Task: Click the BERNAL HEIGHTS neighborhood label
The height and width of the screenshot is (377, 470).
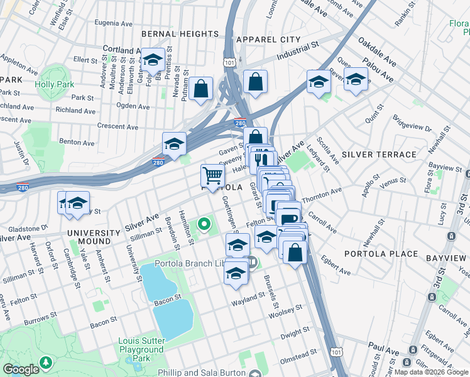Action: coord(180,34)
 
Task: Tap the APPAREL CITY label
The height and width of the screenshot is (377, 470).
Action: coord(268,40)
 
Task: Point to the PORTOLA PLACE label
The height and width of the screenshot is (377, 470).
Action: coord(381,254)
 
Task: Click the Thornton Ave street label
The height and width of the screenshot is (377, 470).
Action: coord(322,194)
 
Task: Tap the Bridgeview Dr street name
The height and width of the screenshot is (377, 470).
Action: coord(412,123)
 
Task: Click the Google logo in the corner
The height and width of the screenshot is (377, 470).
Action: coord(21,369)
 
